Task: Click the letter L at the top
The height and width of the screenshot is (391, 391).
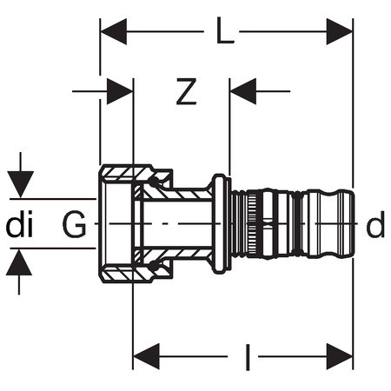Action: pyautogui.click(x=225, y=30)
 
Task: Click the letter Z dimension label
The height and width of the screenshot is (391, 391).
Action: pyautogui.click(x=186, y=91)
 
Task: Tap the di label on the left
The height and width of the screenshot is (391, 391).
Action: pyautogui.click(x=19, y=224)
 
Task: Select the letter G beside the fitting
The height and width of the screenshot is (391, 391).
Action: pyautogui.click(x=74, y=224)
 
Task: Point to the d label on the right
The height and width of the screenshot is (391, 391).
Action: pyautogui.click(x=375, y=224)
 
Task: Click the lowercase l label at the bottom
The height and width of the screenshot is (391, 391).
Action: pyautogui.click(x=248, y=357)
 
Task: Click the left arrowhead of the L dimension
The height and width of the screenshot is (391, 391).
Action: pyautogui.click(x=114, y=31)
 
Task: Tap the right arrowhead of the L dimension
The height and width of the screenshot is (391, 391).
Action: pyautogui.click(x=340, y=31)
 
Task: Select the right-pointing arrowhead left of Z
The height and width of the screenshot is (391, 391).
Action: pyautogui.click(x=120, y=91)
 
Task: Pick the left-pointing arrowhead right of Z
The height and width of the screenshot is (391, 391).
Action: pyautogui.click(x=243, y=91)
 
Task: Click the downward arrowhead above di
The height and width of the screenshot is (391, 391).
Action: pyautogui.click(x=20, y=184)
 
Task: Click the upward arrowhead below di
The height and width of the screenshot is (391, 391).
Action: pyautogui.click(x=19, y=262)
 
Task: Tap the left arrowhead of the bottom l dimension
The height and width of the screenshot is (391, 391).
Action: pyautogui.click(x=146, y=356)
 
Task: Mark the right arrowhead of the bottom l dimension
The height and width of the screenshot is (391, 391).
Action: pyautogui.click(x=340, y=356)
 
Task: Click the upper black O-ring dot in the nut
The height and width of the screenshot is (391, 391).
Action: pyautogui.click(x=154, y=182)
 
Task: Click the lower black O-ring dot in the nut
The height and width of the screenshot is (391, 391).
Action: pyautogui.click(x=154, y=266)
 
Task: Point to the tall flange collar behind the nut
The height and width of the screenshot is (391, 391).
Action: pyautogui.click(x=222, y=224)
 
